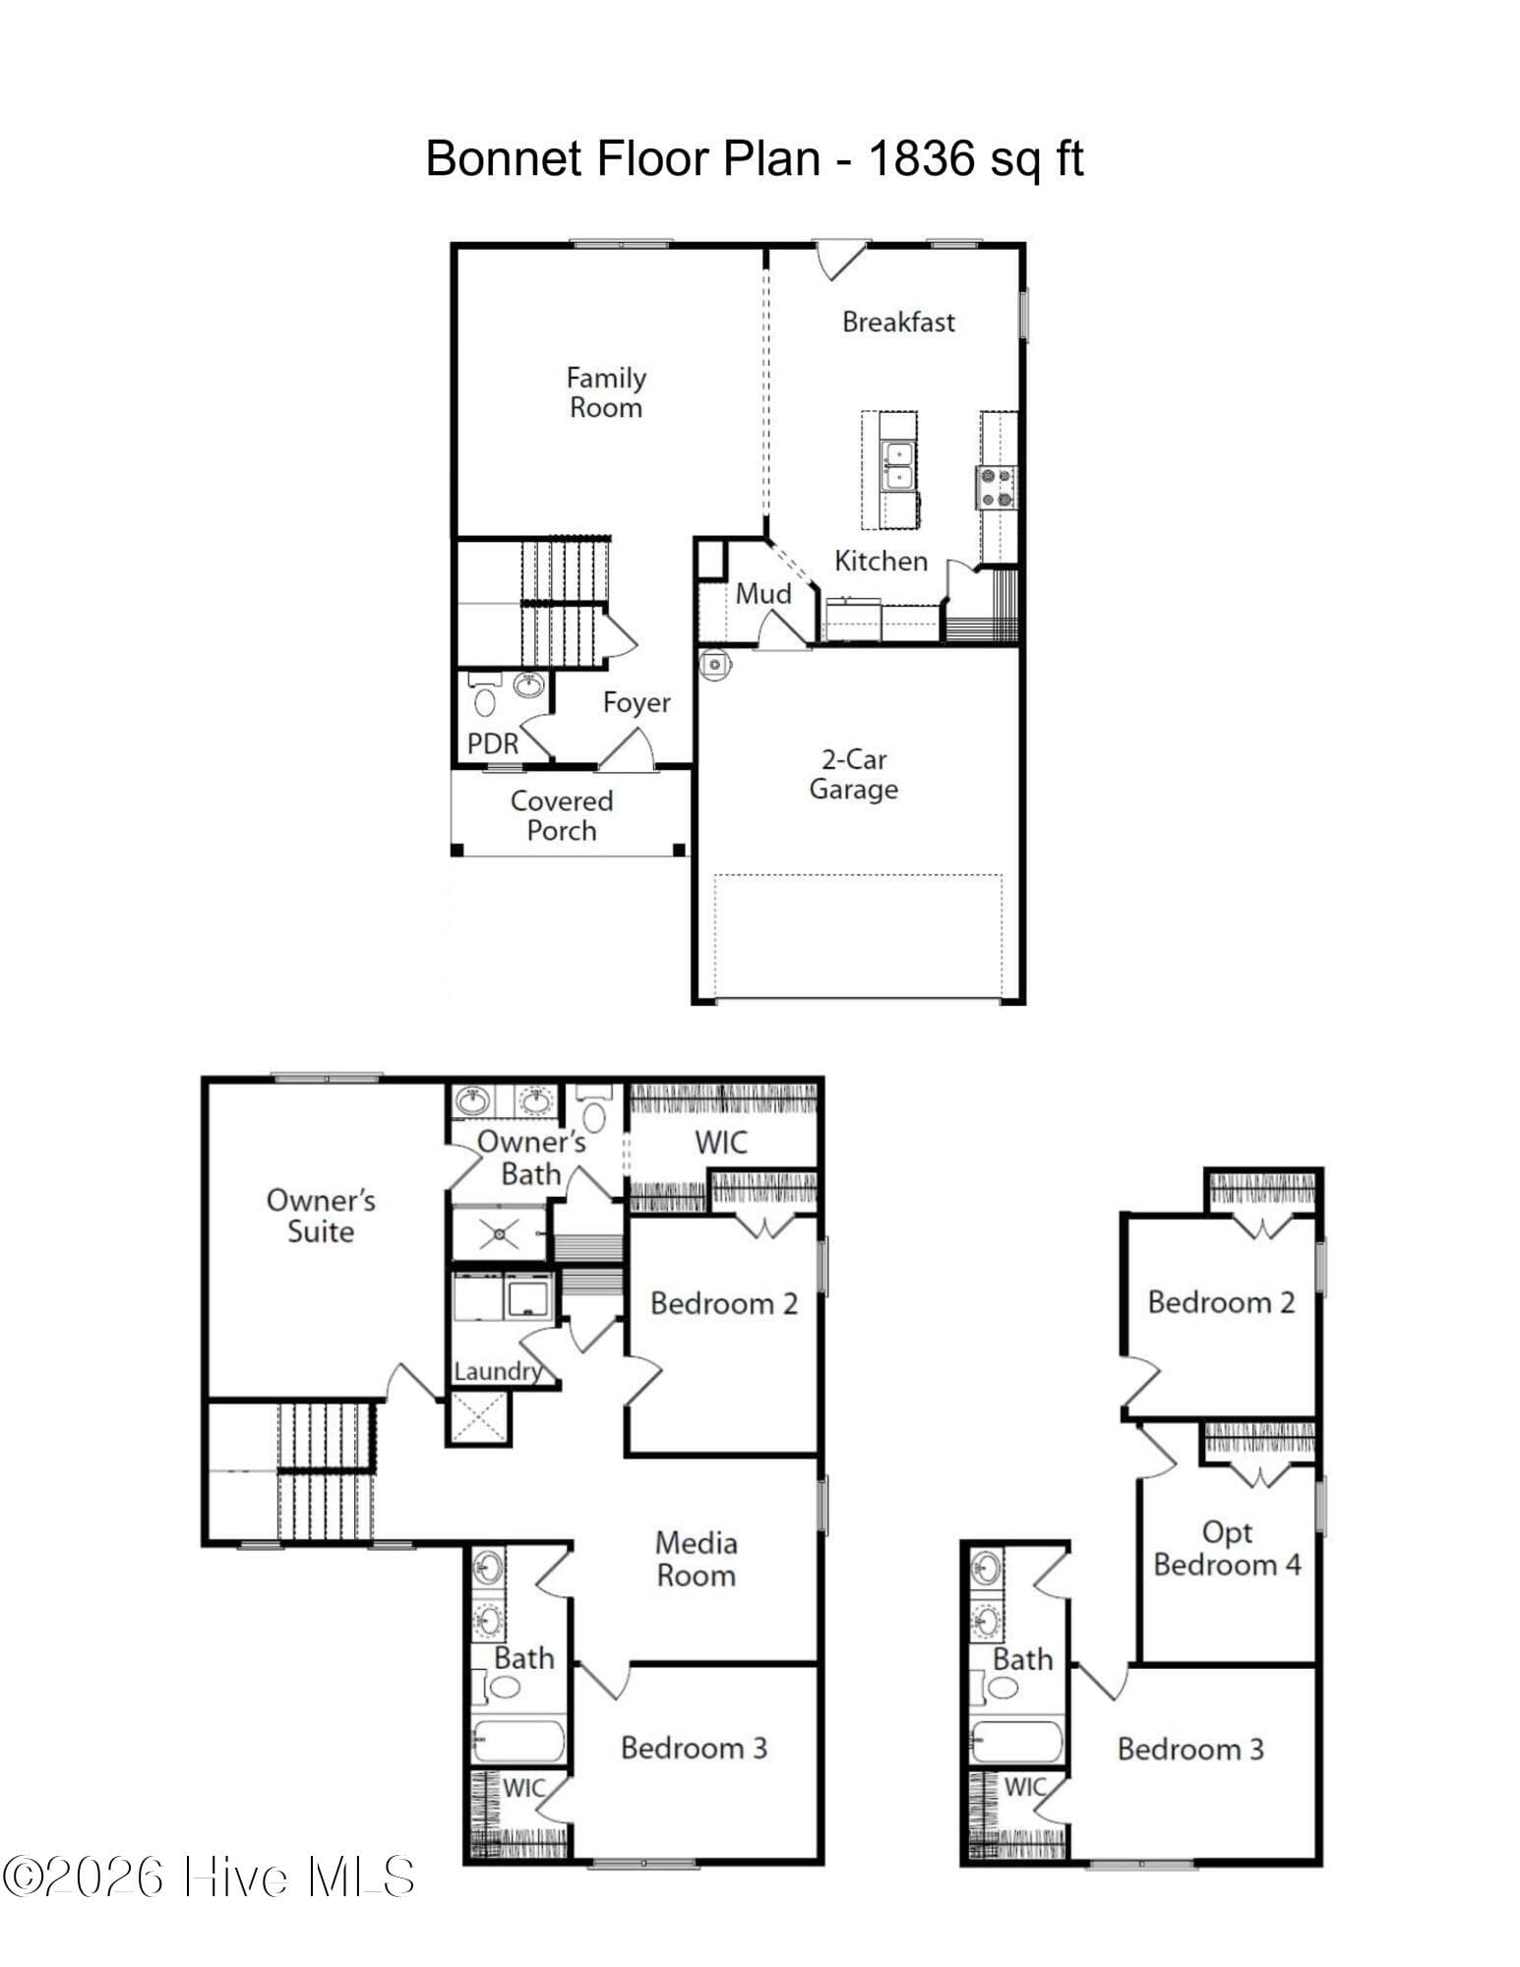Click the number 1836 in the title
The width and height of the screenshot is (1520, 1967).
click(x=921, y=158)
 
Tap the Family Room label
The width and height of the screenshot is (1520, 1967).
click(x=606, y=392)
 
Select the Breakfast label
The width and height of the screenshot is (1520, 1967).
click(x=898, y=322)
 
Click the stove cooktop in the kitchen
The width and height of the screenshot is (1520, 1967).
click(x=997, y=487)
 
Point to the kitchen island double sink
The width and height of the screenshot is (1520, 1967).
click(x=897, y=465)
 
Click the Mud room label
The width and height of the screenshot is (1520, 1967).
click(x=763, y=593)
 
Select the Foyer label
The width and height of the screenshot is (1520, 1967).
click(x=637, y=702)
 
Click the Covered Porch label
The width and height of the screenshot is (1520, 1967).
click(x=562, y=815)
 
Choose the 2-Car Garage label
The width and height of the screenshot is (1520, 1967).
click(x=854, y=774)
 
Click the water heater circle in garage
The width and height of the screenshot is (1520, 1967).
click(x=713, y=664)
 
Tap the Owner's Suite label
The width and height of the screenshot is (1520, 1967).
click(x=321, y=1216)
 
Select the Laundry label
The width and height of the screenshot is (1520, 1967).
click(x=498, y=1370)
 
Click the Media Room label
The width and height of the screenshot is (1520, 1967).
click(x=696, y=1559)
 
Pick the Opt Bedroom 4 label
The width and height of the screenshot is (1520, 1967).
click(x=1227, y=1548)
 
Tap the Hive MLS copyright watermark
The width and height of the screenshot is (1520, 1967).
click(x=209, y=1877)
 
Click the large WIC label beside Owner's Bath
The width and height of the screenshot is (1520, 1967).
click(x=721, y=1142)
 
